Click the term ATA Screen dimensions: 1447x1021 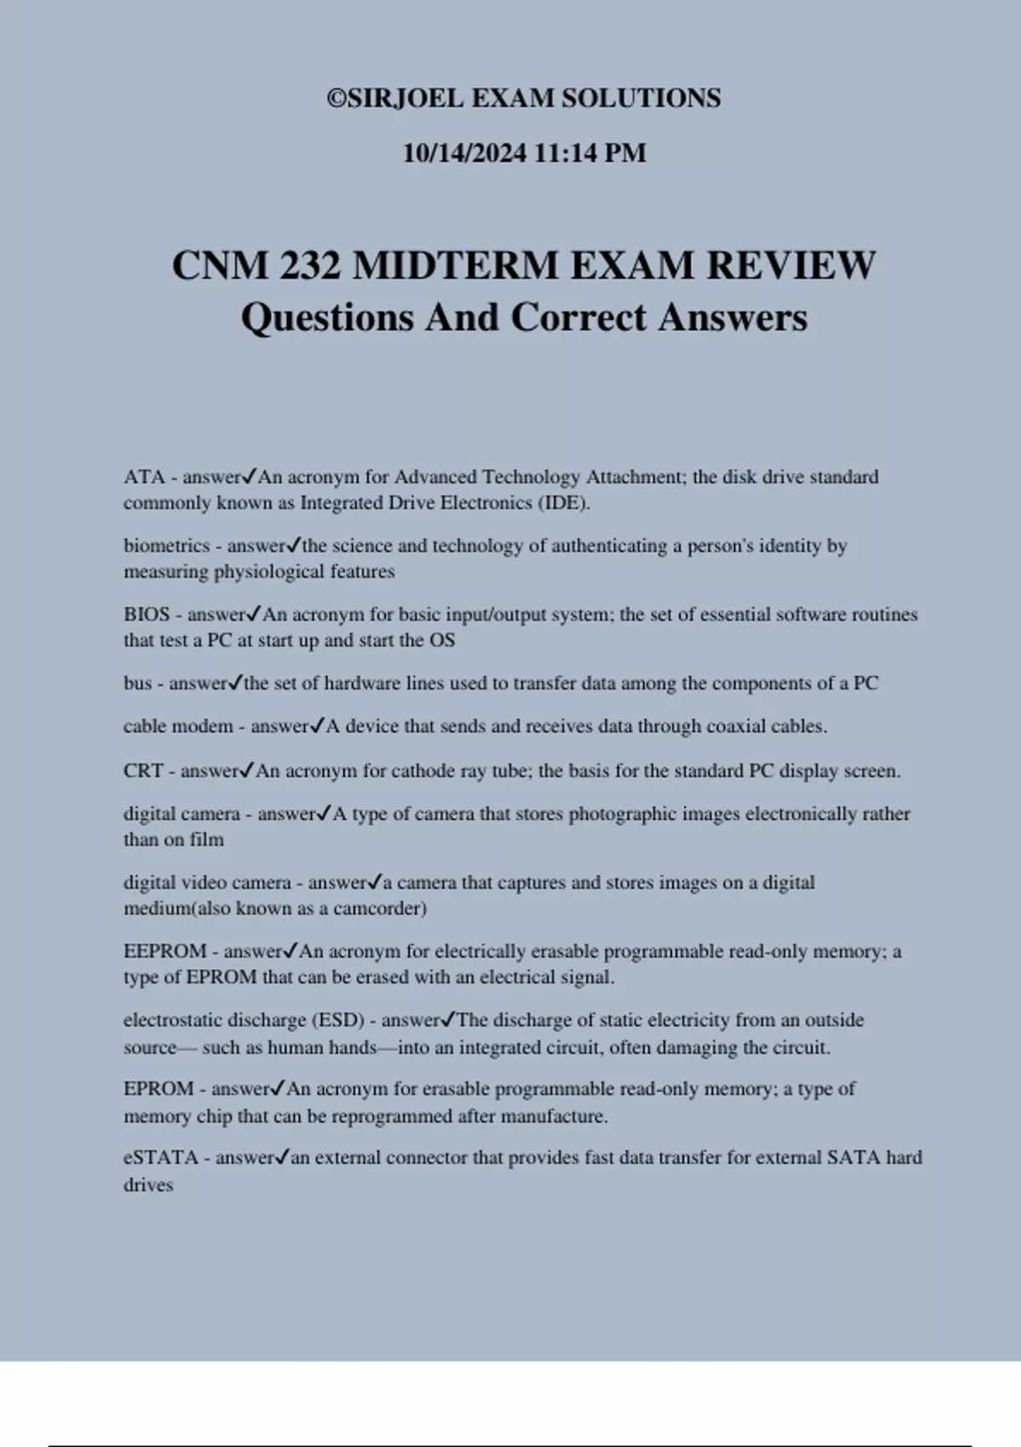144,477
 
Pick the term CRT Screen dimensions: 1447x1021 143,771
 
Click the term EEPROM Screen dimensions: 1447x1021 165,952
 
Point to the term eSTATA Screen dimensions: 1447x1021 161,1158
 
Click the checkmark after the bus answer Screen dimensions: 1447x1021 236,683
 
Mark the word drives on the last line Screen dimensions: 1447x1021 148,1185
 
